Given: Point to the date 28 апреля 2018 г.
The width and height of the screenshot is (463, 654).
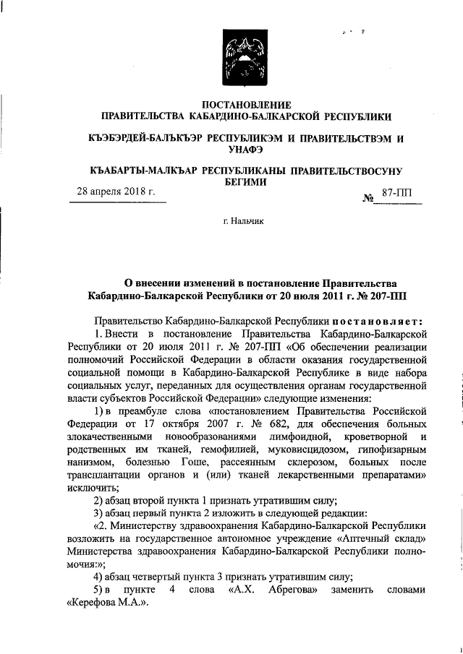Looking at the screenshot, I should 116,193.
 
